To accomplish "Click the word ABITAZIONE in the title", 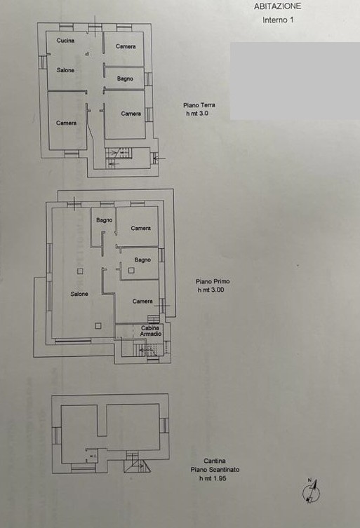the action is coord(277,6).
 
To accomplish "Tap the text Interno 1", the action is coord(278,20).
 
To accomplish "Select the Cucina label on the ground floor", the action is coord(65,41).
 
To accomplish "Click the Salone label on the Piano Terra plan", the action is coord(65,70).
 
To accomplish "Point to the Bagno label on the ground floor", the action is coord(125,79).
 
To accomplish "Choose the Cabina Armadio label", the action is coord(150,331).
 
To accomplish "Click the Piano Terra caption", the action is coord(199,105).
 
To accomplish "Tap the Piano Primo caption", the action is coord(213,281).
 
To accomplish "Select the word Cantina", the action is coord(214,461).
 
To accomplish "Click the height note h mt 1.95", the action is coord(213,478).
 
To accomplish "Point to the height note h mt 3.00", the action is coord(211,290).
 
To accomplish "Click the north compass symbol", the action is coord(311,492).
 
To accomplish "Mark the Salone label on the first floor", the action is coord(79,294).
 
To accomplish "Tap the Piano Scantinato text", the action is coord(215,469).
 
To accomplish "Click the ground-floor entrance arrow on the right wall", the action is coord(161,158).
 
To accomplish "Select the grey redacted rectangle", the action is coord(295,81).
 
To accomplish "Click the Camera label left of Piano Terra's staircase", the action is coord(67,123).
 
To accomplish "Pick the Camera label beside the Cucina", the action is coord(126,46).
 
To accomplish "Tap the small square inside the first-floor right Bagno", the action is coord(131,270).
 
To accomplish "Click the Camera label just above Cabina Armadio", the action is coord(142,301).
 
